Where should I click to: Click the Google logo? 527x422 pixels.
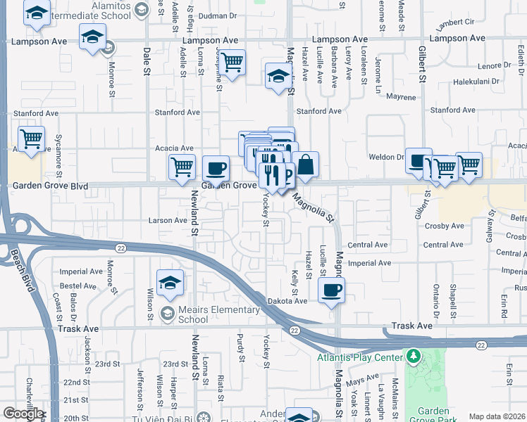pyautogui.click(x=23, y=414)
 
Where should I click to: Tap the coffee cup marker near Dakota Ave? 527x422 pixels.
pyautogui.click(x=332, y=289)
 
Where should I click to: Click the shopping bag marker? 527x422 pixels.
pyautogui.click(x=306, y=165)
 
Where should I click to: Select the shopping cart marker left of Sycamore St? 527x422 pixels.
pyautogui.click(x=31, y=140)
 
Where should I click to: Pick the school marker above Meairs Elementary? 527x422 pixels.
pyautogui.click(x=170, y=283)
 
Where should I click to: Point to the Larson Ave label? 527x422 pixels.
pyautogui.click(x=167, y=220)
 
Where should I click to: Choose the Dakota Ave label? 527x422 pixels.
pyautogui.click(x=287, y=300)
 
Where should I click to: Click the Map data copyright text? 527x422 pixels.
pyautogui.click(x=497, y=416)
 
